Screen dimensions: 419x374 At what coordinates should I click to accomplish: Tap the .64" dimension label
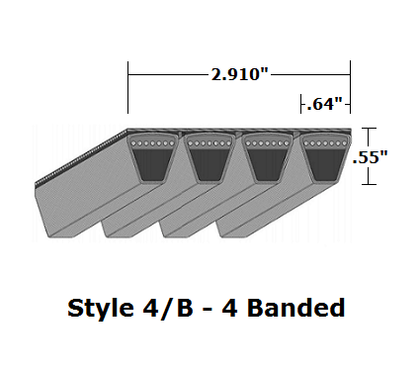(324, 102)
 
